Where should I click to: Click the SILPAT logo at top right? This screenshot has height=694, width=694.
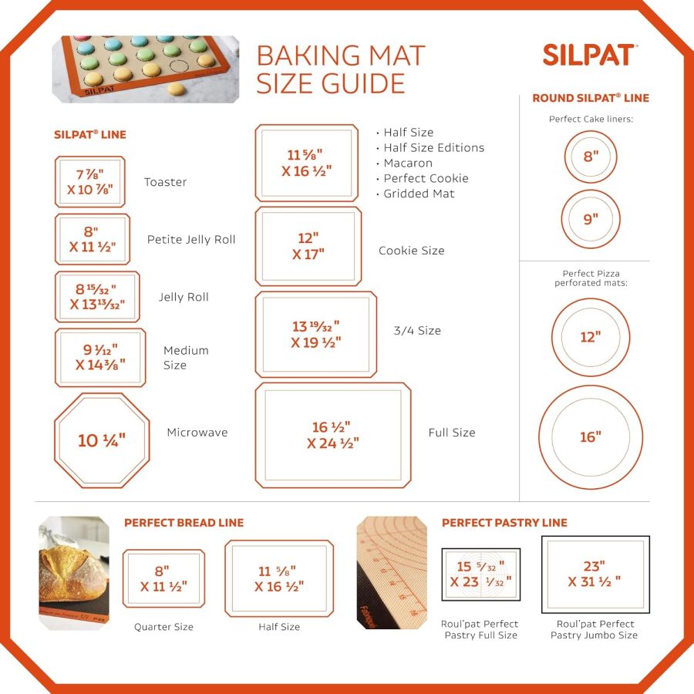pos(588,55)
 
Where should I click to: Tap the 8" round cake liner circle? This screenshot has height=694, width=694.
pos(591,157)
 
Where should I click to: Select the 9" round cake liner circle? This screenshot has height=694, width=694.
pos(591,219)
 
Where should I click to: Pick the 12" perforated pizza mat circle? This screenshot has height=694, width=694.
pos(591,337)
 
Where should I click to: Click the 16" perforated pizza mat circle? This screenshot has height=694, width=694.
pos(591,437)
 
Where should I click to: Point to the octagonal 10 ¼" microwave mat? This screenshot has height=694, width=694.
pos(102,440)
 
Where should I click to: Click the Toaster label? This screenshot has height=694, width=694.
pos(165,182)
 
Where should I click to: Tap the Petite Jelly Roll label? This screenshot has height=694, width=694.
pos(191,239)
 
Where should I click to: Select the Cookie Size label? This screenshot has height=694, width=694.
pos(411,251)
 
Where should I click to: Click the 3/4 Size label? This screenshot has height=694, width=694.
pos(417,331)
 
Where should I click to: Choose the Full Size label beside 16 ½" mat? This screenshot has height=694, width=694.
pos(452,433)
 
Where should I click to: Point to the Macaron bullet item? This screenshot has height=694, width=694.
pos(407,163)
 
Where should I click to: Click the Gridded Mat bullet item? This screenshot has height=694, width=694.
pos(419,194)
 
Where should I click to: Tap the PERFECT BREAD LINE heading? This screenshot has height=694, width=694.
pos(184,523)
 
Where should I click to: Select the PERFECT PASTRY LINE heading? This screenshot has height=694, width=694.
pos(504,523)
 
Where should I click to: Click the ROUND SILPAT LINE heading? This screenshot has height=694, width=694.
pos(591,98)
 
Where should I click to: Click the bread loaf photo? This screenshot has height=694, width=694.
pos(74,572)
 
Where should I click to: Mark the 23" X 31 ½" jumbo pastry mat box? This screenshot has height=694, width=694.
pos(595,574)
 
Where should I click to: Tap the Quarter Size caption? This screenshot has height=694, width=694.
pos(163,627)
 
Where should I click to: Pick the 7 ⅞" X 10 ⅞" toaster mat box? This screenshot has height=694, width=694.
pos(89,182)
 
